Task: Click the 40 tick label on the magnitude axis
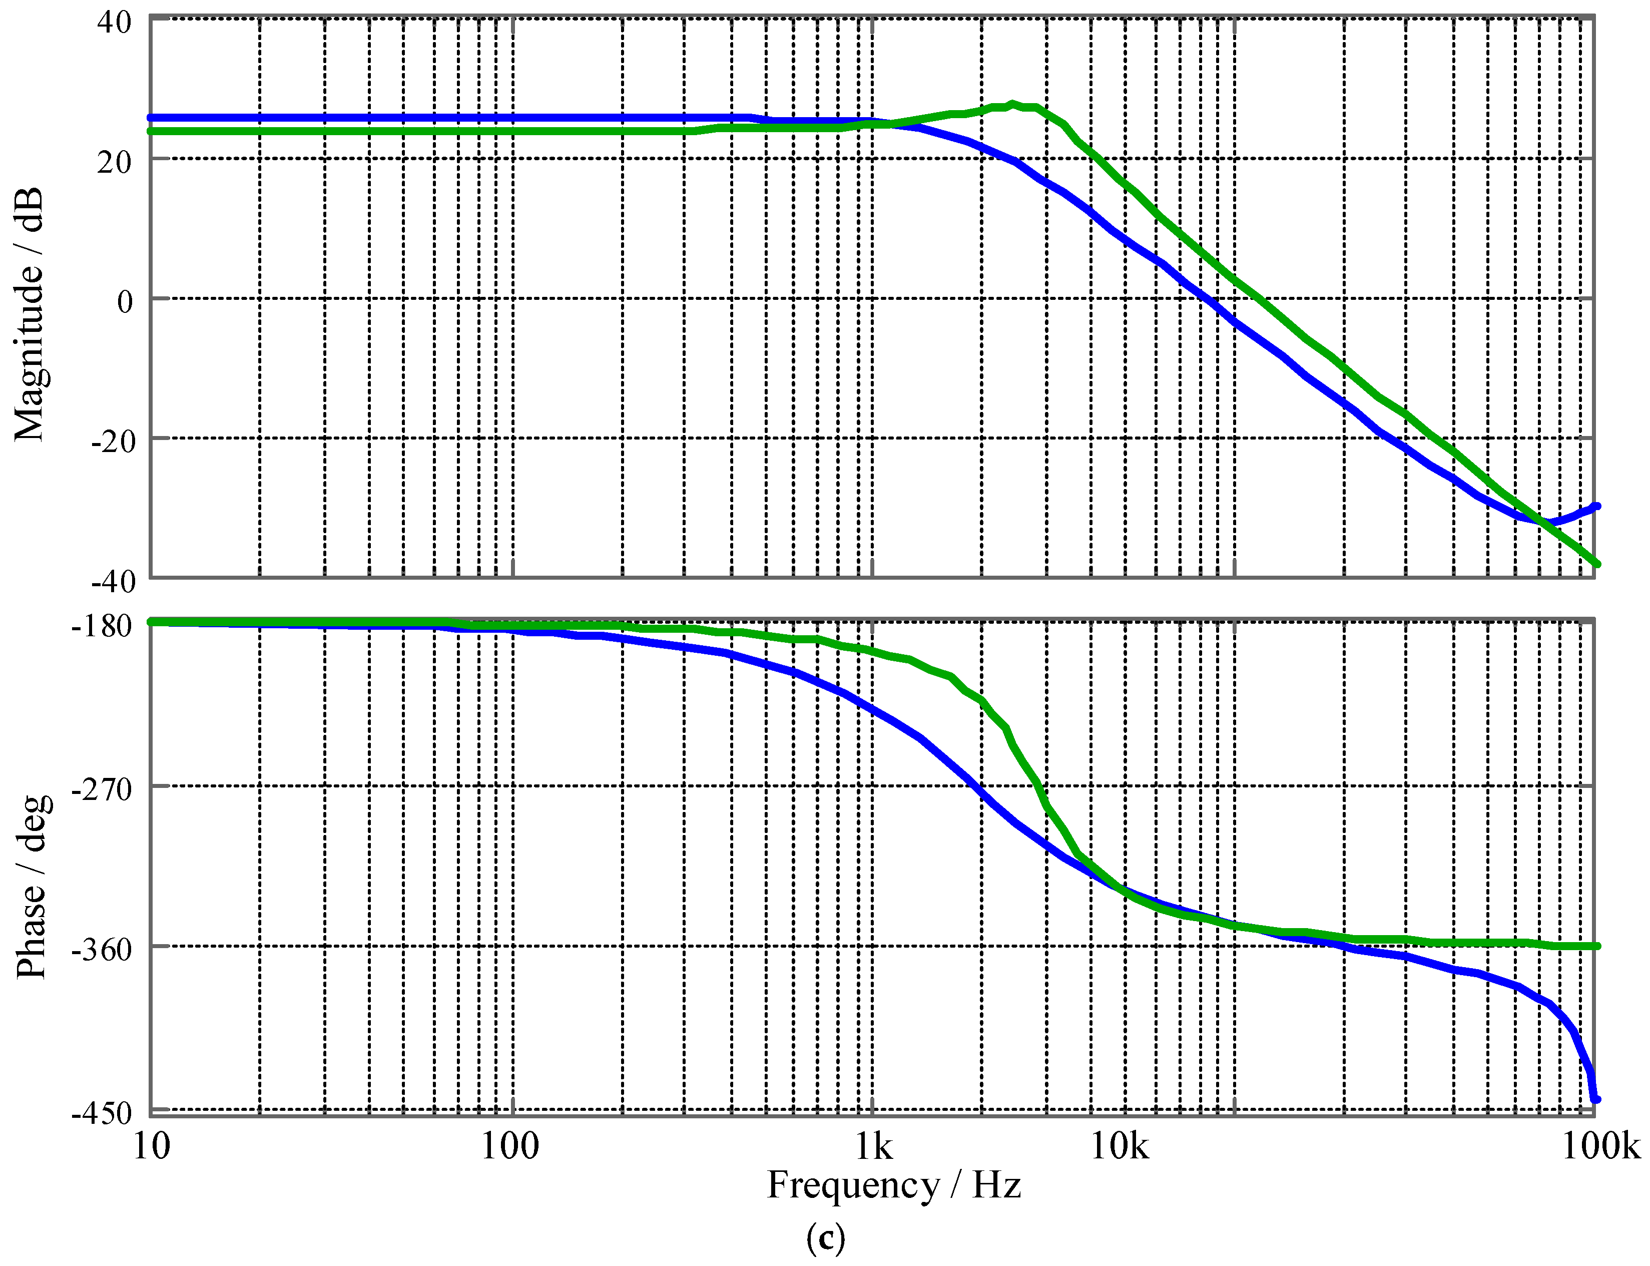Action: tap(115, 23)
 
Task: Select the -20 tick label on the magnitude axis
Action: tap(113, 441)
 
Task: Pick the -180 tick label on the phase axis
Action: tap(102, 625)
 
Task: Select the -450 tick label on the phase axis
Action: tap(102, 1113)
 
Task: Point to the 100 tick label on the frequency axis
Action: tap(510, 1147)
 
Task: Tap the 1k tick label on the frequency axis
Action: tap(874, 1147)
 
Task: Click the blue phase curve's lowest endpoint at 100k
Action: tap(1595, 1099)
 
